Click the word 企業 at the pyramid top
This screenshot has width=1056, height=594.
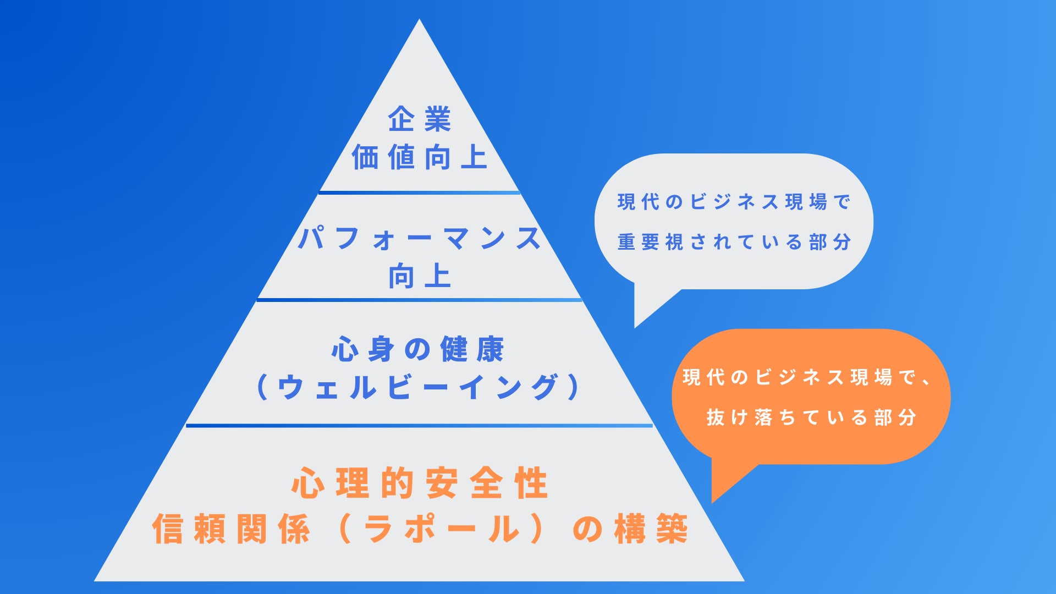pyautogui.click(x=419, y=119)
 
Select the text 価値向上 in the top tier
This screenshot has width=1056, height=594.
pyautogui.click(x=419, y=157)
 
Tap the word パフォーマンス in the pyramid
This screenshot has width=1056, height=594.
pyautogui.click(x=419, y=239)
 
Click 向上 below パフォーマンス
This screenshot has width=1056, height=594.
pyautogui.click(x=419, y=276)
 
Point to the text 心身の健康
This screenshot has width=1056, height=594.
pyautogui.click(x=418, y=349)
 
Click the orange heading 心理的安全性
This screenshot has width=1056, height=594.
pyautogui.click(x=419, y=483)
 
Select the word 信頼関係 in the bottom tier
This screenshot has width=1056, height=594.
pyautogui.click(x=231, y=529)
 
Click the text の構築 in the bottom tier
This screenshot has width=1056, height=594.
pyautogui.click(x=630, y=529)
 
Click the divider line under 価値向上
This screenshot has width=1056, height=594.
pyautogui.click(x=419, y=193)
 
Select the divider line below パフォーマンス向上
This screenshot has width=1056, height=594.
pyautogui.click(x=419, y=300)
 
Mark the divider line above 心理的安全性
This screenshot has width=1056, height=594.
pyautogui.click(x=419, y=425)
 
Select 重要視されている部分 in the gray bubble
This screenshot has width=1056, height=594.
pyautogui.click(x=734, y=242)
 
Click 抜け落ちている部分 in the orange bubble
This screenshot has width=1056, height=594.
pyautogui.click(x=811, y=417)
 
